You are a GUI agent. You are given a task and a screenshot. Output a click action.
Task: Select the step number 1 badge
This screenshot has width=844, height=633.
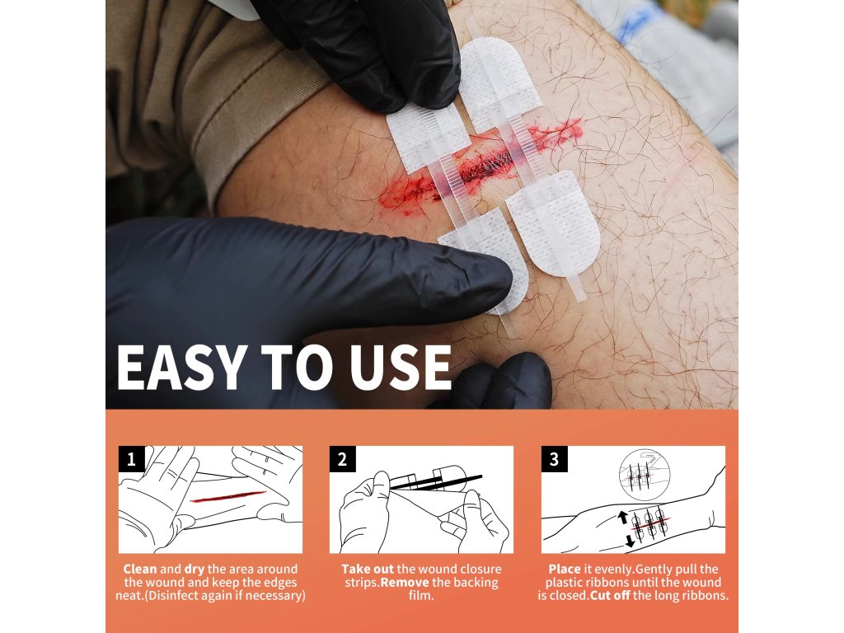click(x=131, y=459)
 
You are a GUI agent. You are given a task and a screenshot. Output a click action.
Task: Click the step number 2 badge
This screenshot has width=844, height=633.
click(x=342, y=459)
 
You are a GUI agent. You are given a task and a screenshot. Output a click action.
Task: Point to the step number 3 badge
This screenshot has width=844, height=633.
click(x=555, y=459)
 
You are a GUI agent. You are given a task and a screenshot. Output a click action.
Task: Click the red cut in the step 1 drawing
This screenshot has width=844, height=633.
click(x=228, y=496)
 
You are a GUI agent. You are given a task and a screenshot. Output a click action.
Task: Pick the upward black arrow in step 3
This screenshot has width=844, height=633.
click(x=623, y=517)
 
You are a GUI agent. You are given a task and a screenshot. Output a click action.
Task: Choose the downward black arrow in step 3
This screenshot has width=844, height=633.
click(x=630, y=541)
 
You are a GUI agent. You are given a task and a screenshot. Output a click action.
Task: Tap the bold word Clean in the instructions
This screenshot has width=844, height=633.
click(x=140, y=569)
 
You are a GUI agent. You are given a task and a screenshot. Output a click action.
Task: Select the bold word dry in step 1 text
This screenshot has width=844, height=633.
click(x=195, y=569)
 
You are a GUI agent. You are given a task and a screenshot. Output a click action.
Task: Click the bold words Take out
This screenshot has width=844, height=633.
click(x=368, y=569)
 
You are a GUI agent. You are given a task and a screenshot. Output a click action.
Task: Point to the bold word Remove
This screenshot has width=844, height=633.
click(x=405, y=583)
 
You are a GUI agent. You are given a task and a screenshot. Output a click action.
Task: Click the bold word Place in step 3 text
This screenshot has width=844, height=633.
click(x=565, y=569)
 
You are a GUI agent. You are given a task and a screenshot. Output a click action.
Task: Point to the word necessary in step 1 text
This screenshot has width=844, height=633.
click(x=277, y=596)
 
